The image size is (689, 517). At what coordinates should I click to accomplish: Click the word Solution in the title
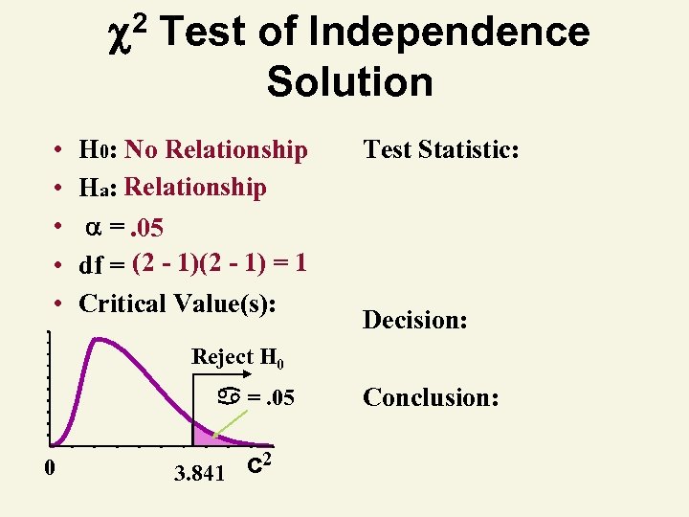click(x=350, y=81)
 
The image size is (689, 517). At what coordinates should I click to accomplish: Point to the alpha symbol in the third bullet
click(x=93, y=228)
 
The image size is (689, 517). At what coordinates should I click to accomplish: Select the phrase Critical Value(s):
click(x=178, y=303)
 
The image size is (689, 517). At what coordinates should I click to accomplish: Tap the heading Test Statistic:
click(x=440, y=149)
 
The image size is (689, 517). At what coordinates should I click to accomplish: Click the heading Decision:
click(x=414, y=320)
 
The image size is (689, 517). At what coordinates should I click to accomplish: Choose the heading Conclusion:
click(x=430, y=395)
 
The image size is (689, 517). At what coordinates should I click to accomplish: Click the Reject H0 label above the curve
click(x=238, y=357)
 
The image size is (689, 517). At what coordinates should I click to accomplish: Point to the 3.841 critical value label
click(x=199, y=472)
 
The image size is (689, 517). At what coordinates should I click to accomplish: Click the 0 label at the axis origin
click(x=49, y=466)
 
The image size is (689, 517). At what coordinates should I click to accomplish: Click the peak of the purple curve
click(x=95, y=338)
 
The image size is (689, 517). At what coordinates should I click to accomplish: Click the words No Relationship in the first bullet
click(x=216, y=150)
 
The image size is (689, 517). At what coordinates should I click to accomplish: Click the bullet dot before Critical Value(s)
click(x=59, y=304)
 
